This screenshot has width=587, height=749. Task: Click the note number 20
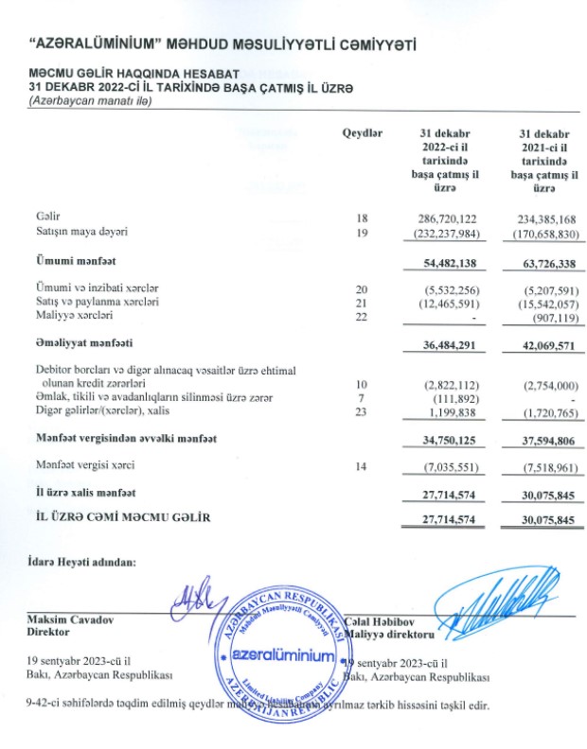[x=360, y=287]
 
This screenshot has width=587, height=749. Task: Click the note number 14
[x=360, y=466]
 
